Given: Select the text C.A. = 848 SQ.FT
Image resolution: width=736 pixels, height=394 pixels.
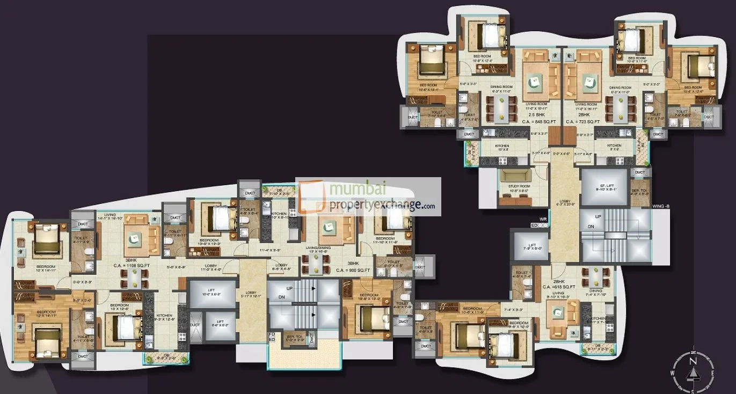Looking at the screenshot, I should pos(536,122).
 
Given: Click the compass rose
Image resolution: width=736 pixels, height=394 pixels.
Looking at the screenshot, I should pos(693,370).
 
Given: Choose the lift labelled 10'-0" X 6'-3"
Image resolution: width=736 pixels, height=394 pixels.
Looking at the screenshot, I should pos(212,294).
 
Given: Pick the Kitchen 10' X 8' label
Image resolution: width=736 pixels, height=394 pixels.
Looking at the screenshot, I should pos(502,148).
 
